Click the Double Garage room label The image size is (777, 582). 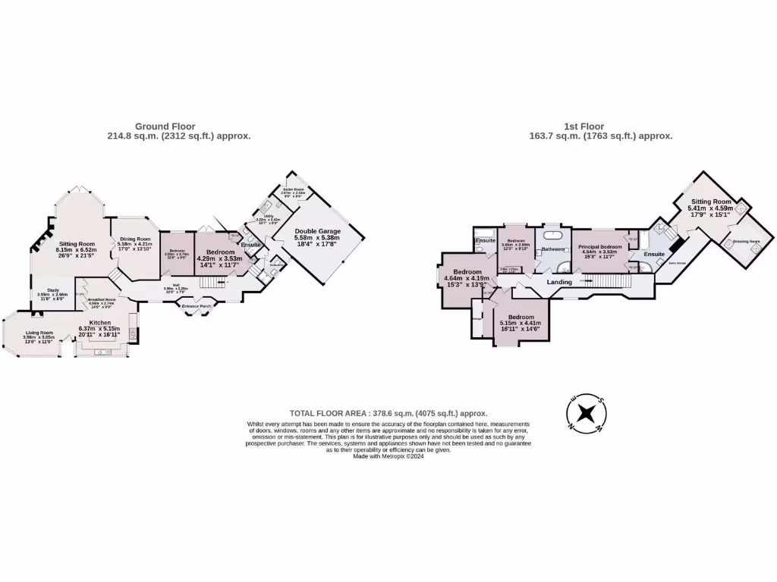(x=317, y=230)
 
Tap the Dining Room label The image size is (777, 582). (x=134, y=239)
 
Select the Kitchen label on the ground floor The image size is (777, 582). (x=100, y=323)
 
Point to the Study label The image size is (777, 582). (x=53, y=290)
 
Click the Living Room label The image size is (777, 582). (x=39, y=333)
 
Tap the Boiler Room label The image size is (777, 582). (x=294, y=189)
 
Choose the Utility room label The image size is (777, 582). (x=269, y=216)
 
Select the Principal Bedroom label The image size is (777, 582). (x=600, y=246)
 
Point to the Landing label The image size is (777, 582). (x=560, y=282)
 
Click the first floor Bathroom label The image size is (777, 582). (x=553, y=249)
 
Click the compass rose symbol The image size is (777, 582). (x=585, y=414)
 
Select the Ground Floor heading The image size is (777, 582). (x=165, y=127)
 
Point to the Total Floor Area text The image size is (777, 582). (x=388, y=414)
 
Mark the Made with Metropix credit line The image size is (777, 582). (x=388, y=455)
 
